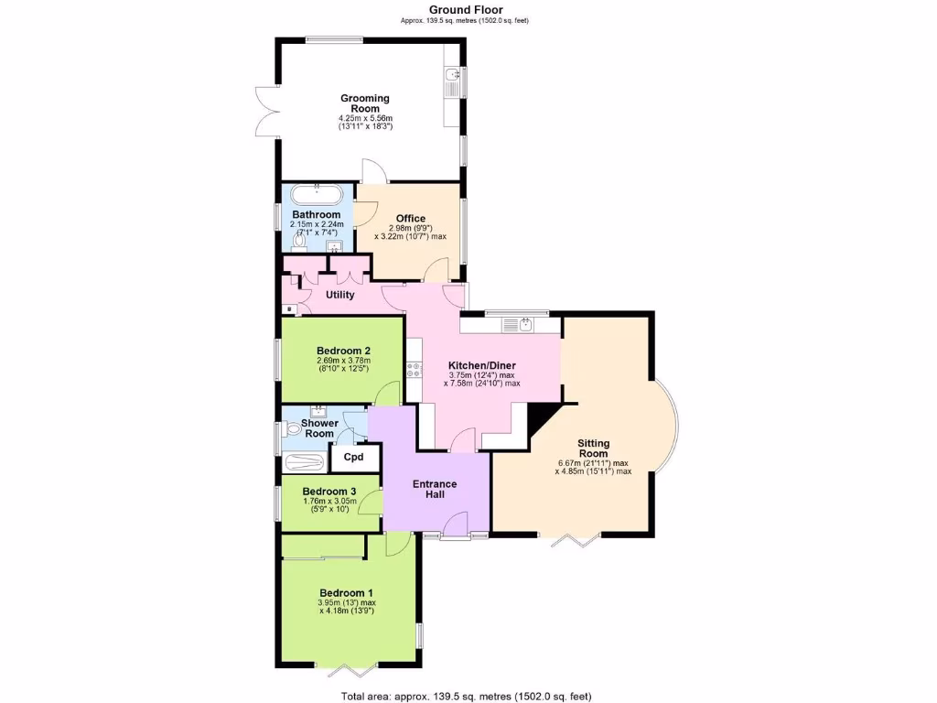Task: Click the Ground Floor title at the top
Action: point(466,10)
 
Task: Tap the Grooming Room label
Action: point(365,103)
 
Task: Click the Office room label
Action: point(411,218)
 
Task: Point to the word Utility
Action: point(339,295)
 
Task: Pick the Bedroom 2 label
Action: point(343,351)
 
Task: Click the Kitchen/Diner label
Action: point(481,364)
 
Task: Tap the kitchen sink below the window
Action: point(526,324)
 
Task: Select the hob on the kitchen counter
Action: point(415,369)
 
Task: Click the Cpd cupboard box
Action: point(353,457)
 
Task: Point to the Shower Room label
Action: point(320,428)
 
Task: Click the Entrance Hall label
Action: point(435,489)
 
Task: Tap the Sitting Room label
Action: point(594,449)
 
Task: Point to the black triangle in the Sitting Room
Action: point(547,422)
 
